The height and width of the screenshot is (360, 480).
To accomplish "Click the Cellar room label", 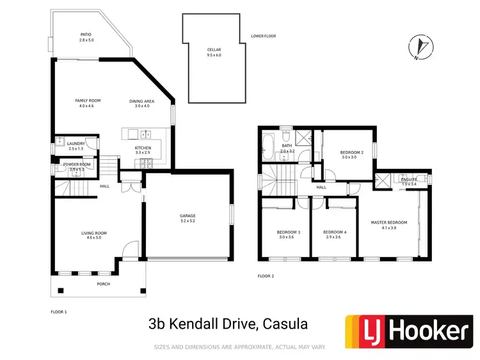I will tap(214, 49).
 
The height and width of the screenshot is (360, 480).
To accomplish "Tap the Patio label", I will tap(86, 35).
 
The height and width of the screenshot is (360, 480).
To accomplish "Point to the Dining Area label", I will tap(141, 101).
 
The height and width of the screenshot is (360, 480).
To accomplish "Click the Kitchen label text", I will tap(142, 148).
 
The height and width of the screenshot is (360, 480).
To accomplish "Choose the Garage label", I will tap(188, 216).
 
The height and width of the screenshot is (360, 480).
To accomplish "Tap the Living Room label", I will tap(94, 233).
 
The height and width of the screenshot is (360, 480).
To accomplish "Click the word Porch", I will tap(103, 285).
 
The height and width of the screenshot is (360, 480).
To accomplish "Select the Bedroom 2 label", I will tap(352, 152).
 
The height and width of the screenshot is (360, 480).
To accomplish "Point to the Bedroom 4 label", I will tap(335, 232).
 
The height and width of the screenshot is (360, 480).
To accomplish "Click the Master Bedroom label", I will tap(389, 223).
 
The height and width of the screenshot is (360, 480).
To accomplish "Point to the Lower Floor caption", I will tap(263, 36).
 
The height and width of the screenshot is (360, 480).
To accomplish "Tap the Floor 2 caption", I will tap(266, 276).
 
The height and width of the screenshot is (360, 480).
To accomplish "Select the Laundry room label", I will tap(76, 144).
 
